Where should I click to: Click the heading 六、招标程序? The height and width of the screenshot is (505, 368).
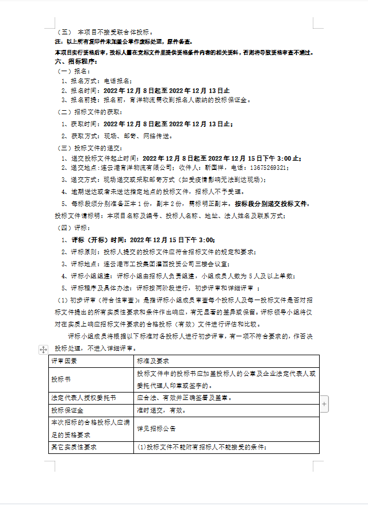[x=72, y=61]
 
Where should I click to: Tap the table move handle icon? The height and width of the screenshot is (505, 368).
[x=43, y=349]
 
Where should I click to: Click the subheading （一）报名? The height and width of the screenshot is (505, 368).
[x=73, y=71]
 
